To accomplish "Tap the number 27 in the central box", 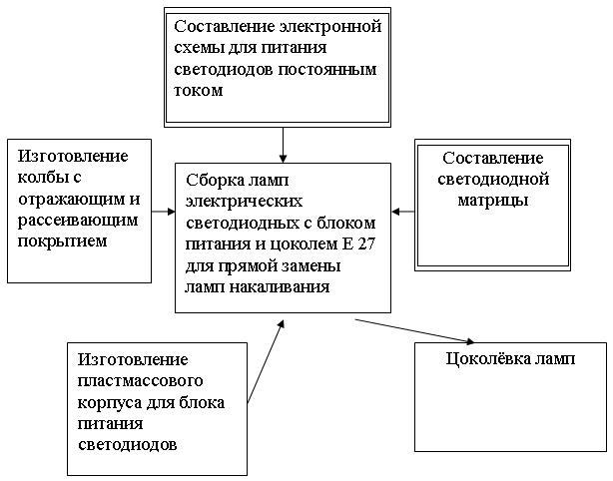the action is point(365,243).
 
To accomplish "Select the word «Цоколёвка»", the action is point(486,358).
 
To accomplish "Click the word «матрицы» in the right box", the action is point(493,201).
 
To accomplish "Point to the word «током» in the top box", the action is point(199,91).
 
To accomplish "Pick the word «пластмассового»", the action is point(141,380).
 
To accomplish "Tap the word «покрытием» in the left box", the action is point(63,241).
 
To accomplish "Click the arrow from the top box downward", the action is point(284,145).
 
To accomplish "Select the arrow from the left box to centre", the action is point(164,212).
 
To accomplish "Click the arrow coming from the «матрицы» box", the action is point(403,212).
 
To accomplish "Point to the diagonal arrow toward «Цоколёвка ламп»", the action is point(414,331).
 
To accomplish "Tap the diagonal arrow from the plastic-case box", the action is point(266,361).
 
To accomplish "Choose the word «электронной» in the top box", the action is point(330,27).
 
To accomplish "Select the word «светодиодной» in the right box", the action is point(493,180).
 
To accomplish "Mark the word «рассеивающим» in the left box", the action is point(78,220).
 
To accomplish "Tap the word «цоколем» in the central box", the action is point(300,244).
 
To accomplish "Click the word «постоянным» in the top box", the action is point(327,70).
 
